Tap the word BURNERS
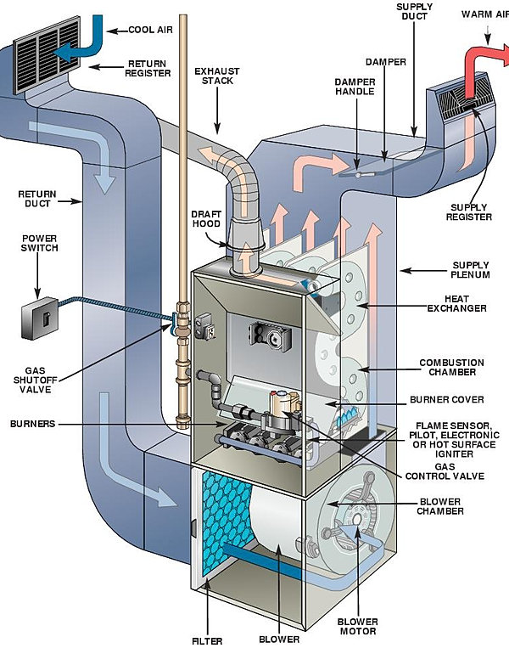pyautogui.click(x=35, y=422)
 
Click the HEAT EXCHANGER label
pyautogui.click(x=463, y=302)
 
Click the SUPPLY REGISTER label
pyautogui.click(x=468, y=211)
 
